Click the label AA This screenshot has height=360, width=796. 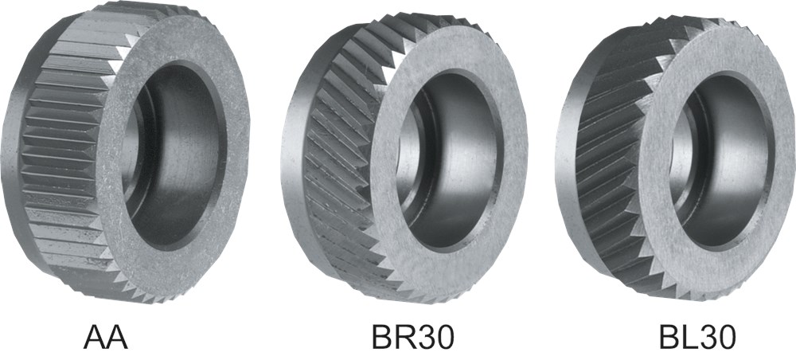(x=106, y=337)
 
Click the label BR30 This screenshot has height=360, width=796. (x=412, y=337)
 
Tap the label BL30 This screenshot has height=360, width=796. (x=697, y=337)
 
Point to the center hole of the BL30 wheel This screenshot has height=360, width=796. (x=721, y=162)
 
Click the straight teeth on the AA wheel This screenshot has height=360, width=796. (x=66, y=152)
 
